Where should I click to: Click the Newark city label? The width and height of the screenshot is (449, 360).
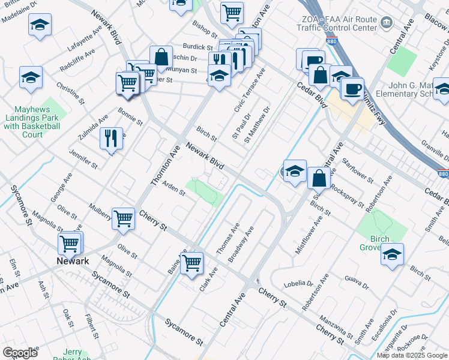coord(73,261)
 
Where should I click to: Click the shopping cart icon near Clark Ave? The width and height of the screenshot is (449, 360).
coord(192,263)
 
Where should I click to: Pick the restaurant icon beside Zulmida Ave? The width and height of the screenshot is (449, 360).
coord(111,138)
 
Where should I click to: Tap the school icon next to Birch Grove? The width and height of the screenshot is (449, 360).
coord(392,254)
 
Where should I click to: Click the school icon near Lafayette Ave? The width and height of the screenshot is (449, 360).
coord(40,25)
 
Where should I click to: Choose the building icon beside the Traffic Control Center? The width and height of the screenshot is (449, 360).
coord(386,23)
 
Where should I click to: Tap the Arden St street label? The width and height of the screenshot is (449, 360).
coord(174,189)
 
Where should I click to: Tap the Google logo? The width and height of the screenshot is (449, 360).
coord(19,352)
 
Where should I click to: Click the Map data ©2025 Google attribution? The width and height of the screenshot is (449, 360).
coord(412,355)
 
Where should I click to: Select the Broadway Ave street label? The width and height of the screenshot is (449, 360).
coord(241,244)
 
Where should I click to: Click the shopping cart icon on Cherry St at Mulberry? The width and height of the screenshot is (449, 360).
coord(124,219)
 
